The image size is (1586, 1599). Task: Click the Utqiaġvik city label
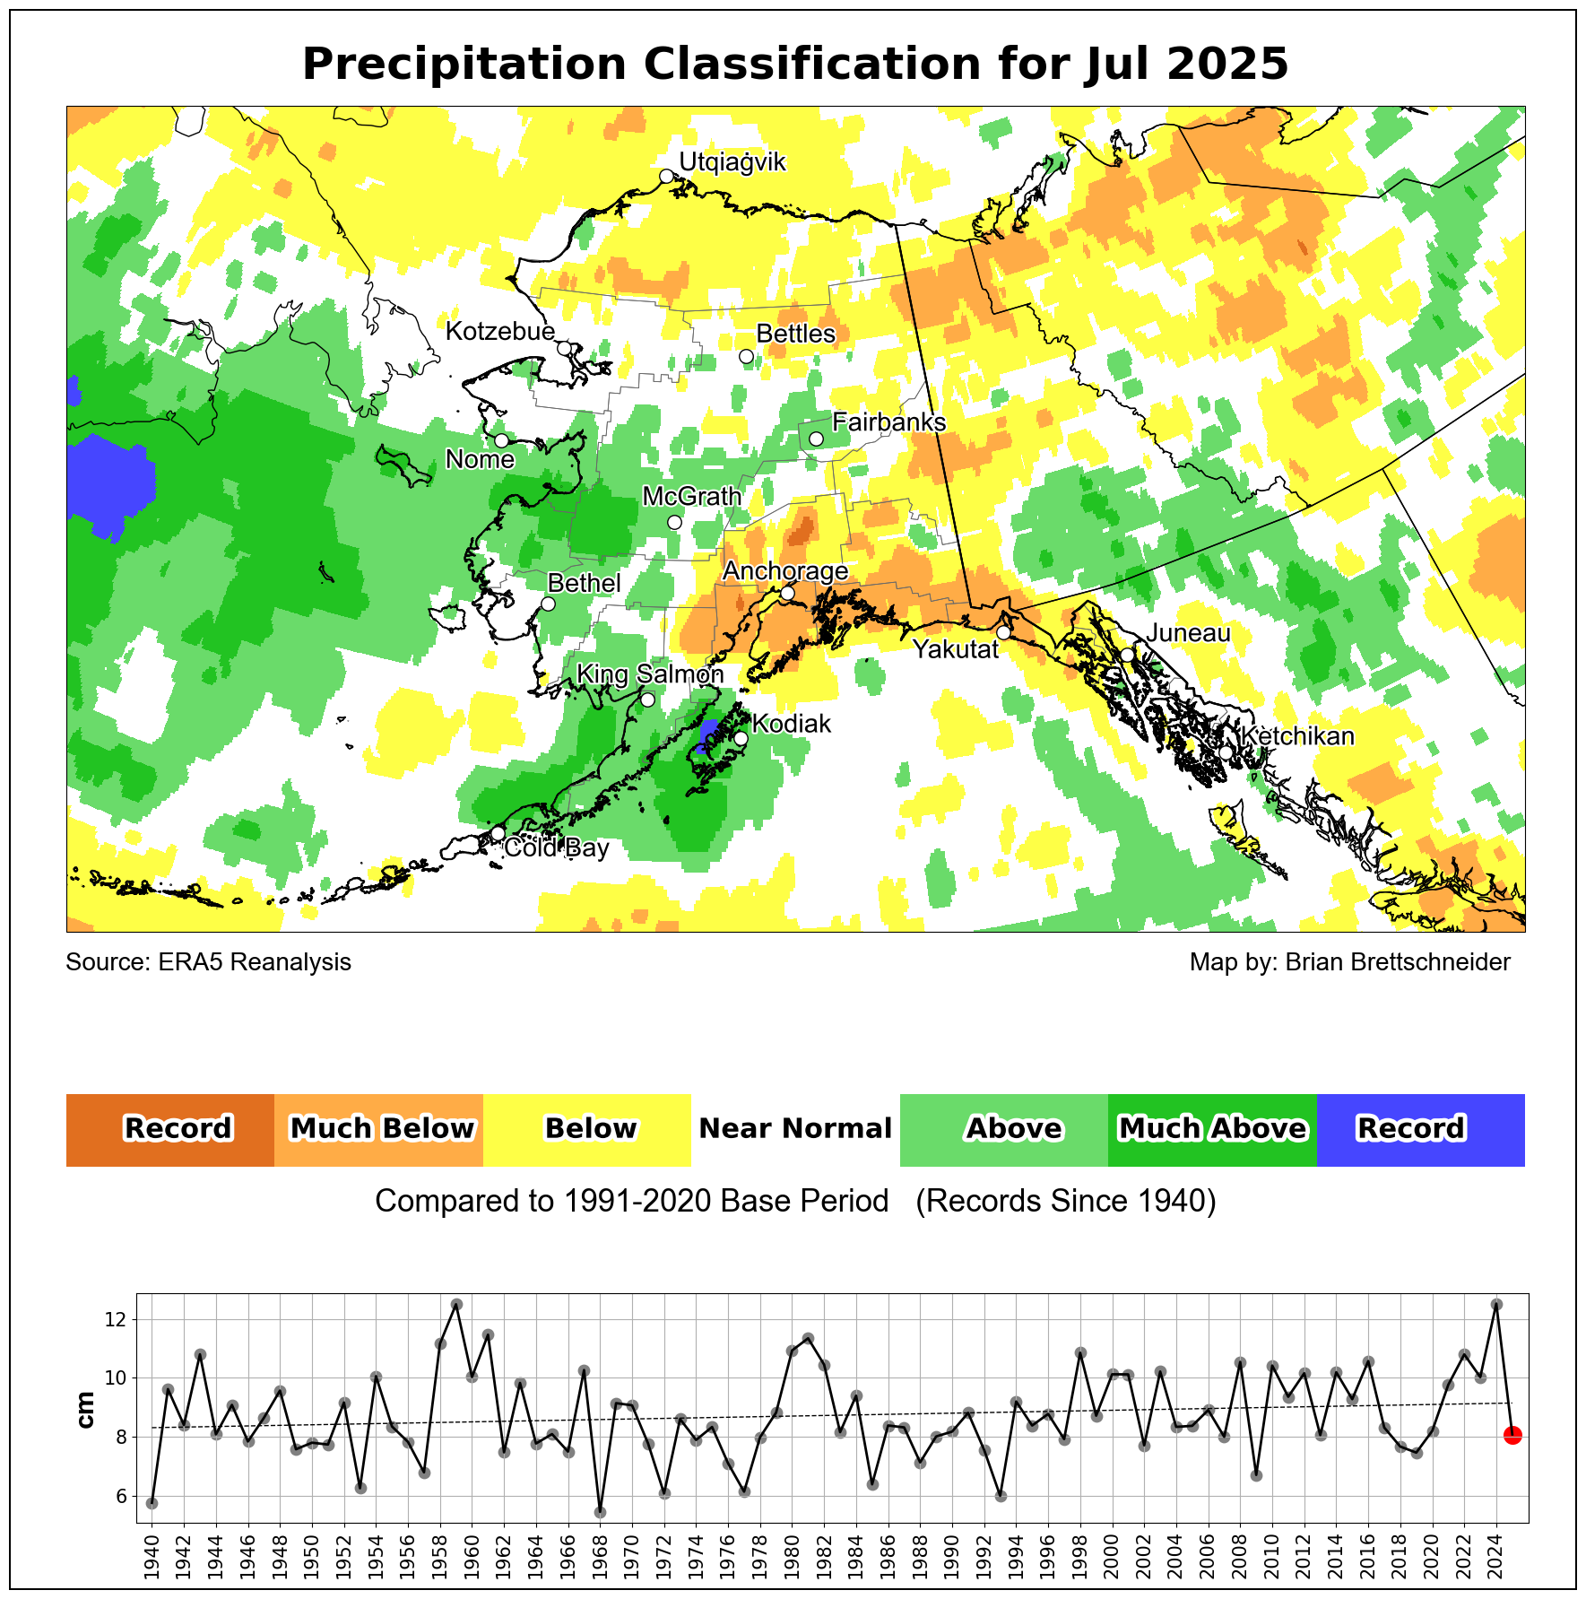pos(732,162)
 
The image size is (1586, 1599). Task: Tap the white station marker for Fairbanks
pos(816,439)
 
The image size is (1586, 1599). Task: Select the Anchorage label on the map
pos(785,571)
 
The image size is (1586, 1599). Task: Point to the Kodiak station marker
pos(741,738)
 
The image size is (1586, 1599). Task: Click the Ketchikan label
pos(1297,736)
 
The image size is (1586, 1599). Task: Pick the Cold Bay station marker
pos(498,833)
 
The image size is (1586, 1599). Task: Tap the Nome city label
pos(480,460)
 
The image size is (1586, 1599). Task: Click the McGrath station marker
pos(674,522)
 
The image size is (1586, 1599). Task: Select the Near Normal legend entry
pos(795,1129)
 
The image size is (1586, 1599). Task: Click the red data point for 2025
pos(1512,1436)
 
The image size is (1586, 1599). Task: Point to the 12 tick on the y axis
pos(116,1320)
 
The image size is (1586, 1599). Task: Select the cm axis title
pos(87,1409)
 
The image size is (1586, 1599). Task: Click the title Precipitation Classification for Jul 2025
pos(794,65)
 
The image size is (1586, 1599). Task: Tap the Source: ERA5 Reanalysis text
pos(208,962)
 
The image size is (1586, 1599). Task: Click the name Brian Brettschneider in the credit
pos(1397,962)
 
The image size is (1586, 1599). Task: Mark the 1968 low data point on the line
pos(601,1512)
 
